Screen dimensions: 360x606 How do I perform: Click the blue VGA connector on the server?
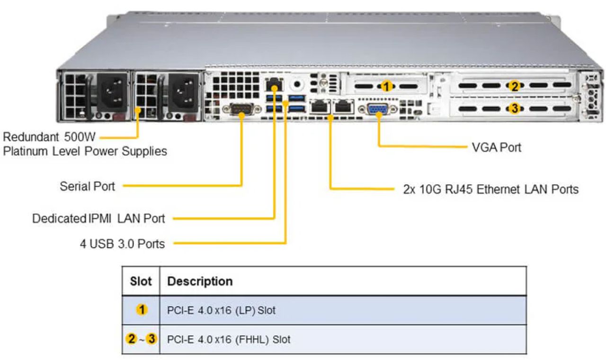tap(377, 109)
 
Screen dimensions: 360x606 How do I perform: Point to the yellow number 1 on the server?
tap(387, 86)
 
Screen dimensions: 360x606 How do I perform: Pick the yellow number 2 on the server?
tap(514, 86)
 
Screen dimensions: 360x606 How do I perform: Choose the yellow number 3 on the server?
tap(514, 108)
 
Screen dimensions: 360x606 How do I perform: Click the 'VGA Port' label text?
tap(496, 147)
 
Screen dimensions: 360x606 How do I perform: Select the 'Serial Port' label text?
tap(87, 186)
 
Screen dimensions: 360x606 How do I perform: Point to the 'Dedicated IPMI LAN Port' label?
tap(98, 218)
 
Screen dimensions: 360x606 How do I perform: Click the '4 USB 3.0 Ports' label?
tap(122, 244)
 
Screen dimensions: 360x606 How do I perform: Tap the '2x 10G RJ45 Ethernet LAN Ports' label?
tap(490, 189)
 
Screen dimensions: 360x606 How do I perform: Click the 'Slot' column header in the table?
tap(141, 281)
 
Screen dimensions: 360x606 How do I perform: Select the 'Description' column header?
tap(200, 281)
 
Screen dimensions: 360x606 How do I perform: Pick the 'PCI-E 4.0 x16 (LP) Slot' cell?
tap(221, 311)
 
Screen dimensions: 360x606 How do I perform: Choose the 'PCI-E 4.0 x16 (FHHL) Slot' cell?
tap(229, 340)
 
